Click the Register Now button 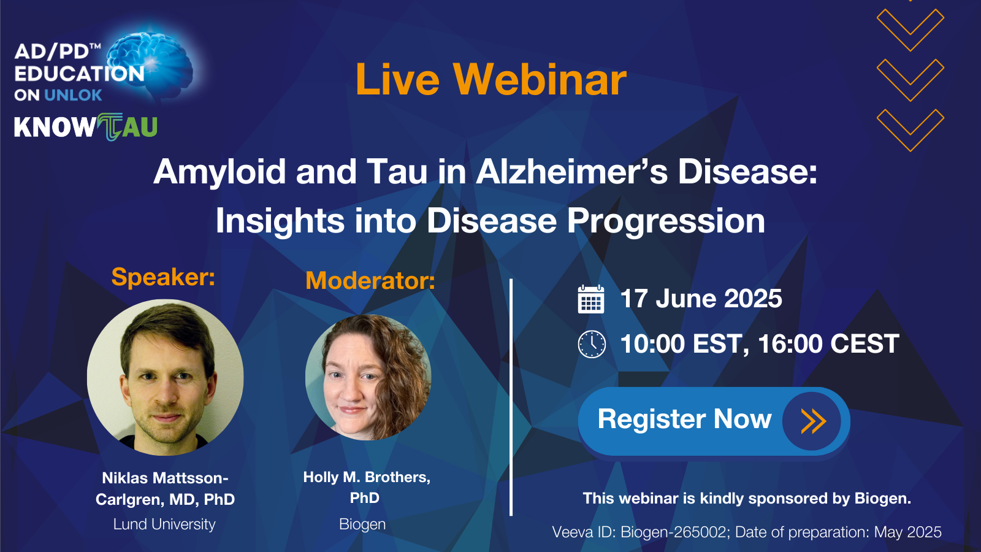pyautogui.click(x=714, y=421)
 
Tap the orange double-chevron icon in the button pyautogui.click(x=813, y=421)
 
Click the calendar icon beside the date pyautogui.click(x=591, y=299)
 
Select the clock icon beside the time pyautogui.click(x=592, y=344)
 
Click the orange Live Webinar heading pyautogui.click(x=491, y=79)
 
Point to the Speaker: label pyautogui.click(x=163, y=277)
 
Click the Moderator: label pyautogui.click(x=370, y=280)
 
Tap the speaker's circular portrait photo pyautogui.click(x=165, y=377)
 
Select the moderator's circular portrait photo pyautogui.click(x=368, y=377)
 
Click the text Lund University pyautogui.click(x=164, y=524)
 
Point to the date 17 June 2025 pyautogui.click(x=701, y=299)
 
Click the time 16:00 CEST pyautogui.click(x=828, y=343)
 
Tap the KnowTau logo pyautogui.click(x=86, y=127)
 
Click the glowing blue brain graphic pyautogui.click(x=150, y=61)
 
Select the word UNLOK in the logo pyautogui.click(x=73, y=95)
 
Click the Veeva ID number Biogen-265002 pyautogui.click(x=674, y=532)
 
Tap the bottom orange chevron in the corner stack pyautogui.click(x=910, y=130)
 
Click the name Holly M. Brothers pyautogui.click(x=367, y=477)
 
